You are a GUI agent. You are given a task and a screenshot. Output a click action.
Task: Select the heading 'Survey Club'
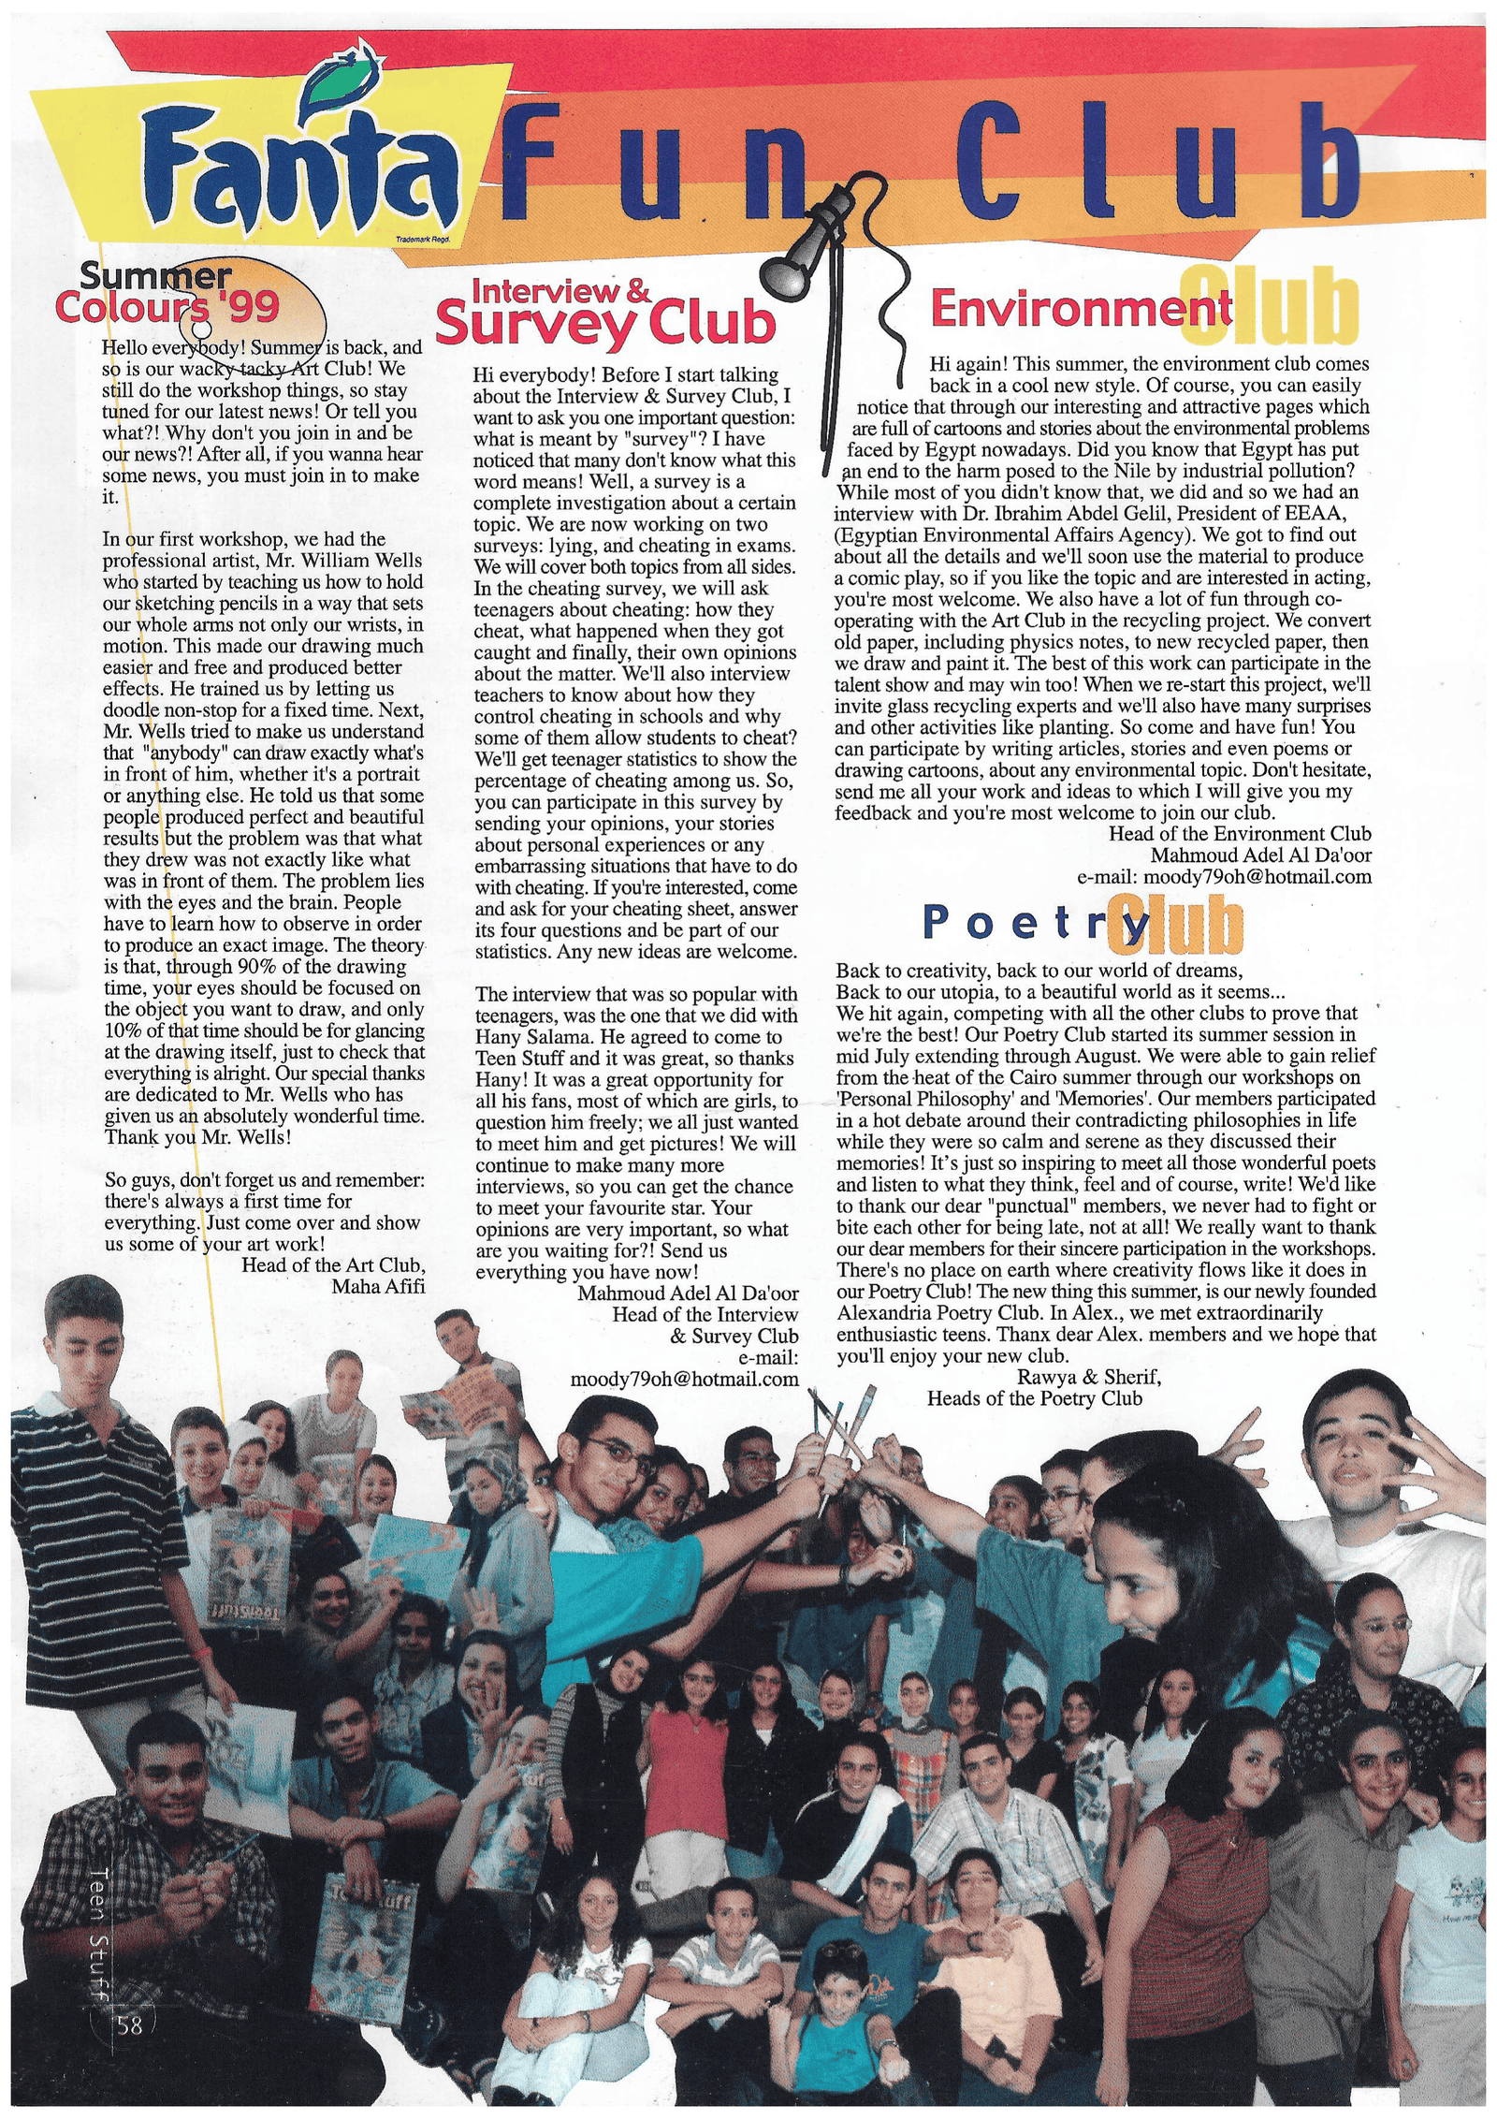[606, 324]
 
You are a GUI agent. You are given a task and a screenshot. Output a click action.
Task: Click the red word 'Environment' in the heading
[1081, 309]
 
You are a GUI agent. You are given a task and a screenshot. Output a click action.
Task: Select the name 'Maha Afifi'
[378, 1286]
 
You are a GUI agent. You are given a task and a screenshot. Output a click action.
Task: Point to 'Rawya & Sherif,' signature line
[1089, 1377]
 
